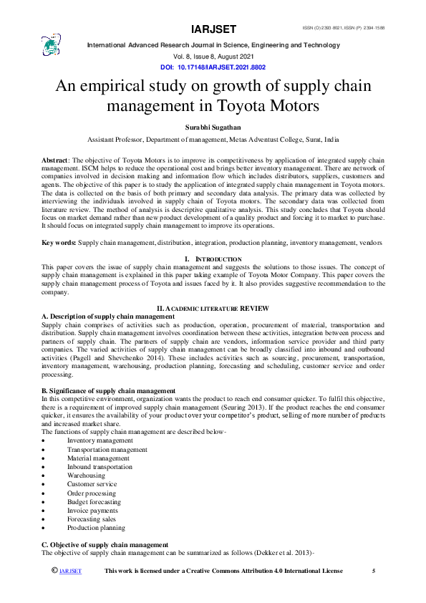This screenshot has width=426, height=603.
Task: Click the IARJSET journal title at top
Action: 213,30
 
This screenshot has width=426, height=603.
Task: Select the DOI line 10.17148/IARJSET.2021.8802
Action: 213,66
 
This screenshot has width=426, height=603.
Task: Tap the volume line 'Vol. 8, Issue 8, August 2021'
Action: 213,56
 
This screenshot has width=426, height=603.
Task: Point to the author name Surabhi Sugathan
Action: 213,127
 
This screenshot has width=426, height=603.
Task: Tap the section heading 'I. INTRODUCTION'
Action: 213,258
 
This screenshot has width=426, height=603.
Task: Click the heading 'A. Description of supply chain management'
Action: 108,316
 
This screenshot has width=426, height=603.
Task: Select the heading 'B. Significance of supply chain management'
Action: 108,390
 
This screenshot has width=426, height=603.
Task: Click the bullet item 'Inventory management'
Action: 100,441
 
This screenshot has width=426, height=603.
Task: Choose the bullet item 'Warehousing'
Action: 86,476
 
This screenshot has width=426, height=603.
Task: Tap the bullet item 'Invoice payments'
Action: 94,510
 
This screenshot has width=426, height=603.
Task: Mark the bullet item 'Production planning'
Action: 96,528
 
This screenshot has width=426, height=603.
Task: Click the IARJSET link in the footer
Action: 70,571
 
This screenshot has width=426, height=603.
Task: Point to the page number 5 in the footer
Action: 373,571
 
